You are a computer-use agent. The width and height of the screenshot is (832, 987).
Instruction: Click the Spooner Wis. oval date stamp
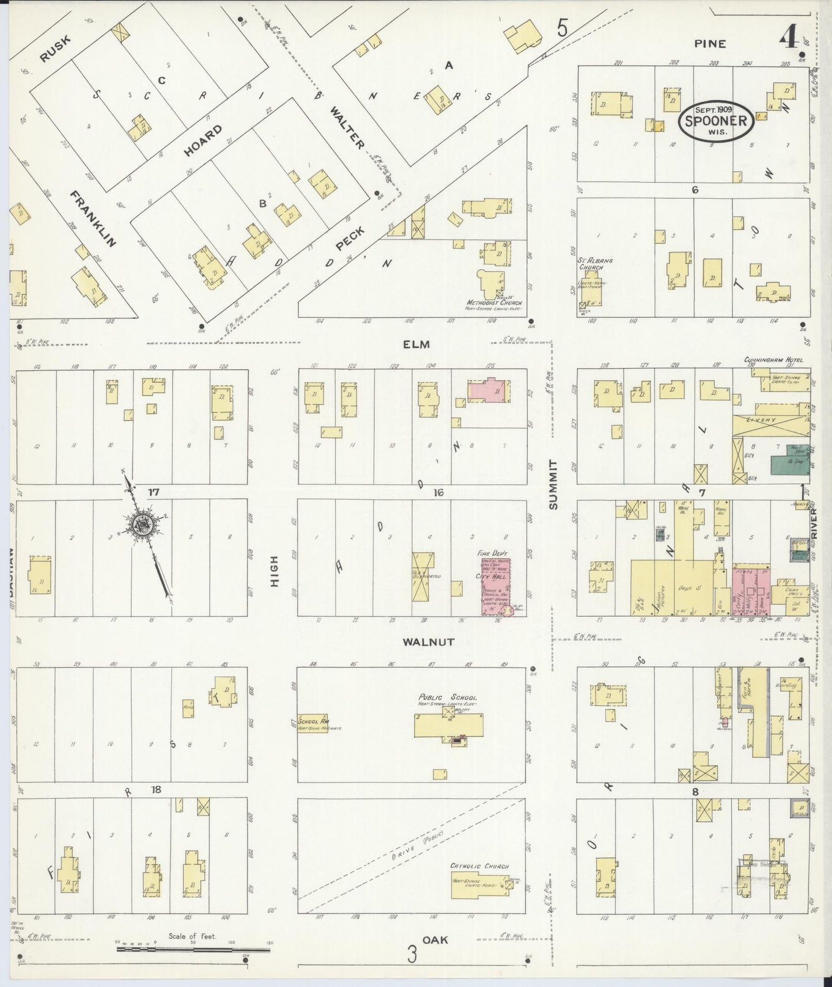tap(715, 121)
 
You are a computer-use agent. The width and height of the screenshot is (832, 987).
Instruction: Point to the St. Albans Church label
tap(595, 264)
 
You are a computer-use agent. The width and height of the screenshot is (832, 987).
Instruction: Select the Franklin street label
tap(93, 219)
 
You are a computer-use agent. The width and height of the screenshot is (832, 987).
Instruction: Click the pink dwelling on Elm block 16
tap(488, 391)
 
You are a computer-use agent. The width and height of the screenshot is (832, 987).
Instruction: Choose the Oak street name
tap(435, 940)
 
